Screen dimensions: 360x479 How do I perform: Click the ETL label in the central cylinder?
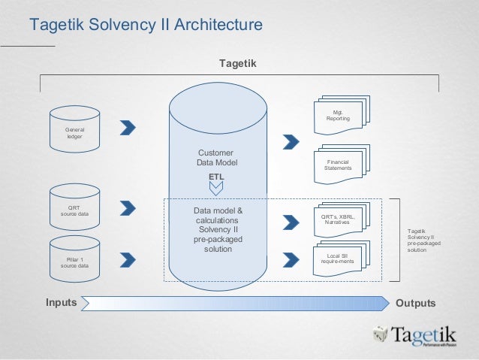(216, 177)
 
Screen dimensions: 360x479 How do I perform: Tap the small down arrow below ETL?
(216, 189)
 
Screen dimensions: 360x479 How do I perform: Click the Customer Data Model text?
(216, 157)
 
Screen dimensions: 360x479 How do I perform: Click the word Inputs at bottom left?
(61, 303)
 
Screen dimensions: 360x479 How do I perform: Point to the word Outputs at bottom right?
(415, 303)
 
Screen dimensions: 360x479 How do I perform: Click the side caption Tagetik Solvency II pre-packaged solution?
(423, 241)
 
